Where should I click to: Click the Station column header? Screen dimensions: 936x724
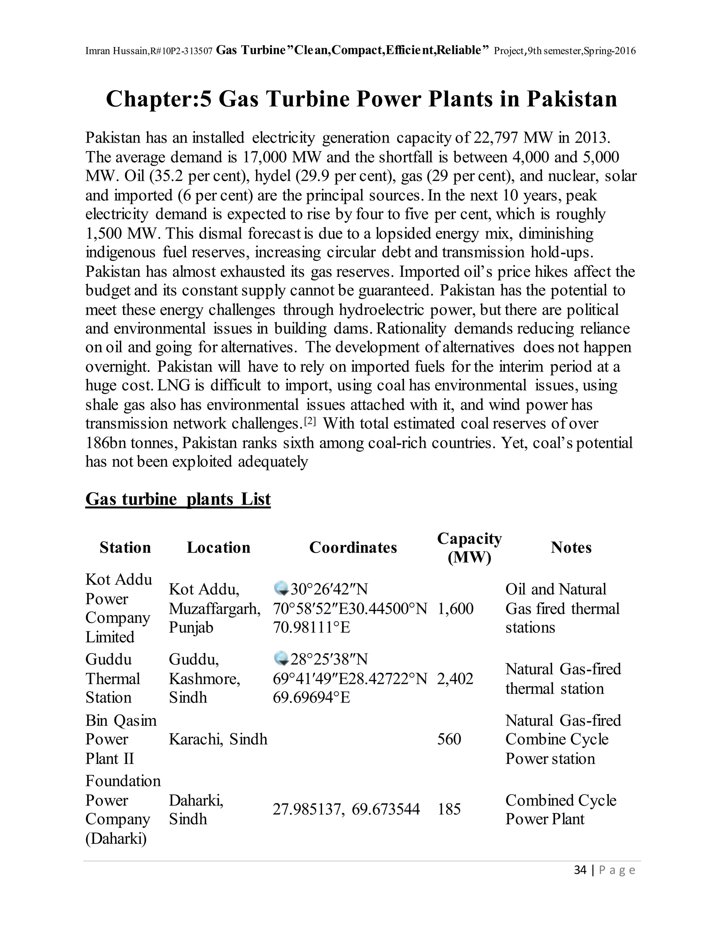tap(125, 548)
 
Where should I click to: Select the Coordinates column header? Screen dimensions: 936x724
tap(353, 548)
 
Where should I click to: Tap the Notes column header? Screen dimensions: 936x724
tap(571, 548)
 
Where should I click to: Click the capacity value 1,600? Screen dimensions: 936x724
tap(455, 609)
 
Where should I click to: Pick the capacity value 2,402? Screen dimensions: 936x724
tap(455, 679)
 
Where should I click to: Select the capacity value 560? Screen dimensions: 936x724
tap(449, 739)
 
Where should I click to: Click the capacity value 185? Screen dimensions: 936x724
tap(449, 809)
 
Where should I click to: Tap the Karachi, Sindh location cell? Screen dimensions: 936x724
tap(218, 739)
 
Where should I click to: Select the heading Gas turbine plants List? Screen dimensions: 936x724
tap(178, 499)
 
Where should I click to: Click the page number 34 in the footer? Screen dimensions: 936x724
tap(580, 870)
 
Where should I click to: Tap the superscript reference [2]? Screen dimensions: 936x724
tap(310, 422)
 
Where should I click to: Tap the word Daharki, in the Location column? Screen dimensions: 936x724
tap(196, 800)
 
